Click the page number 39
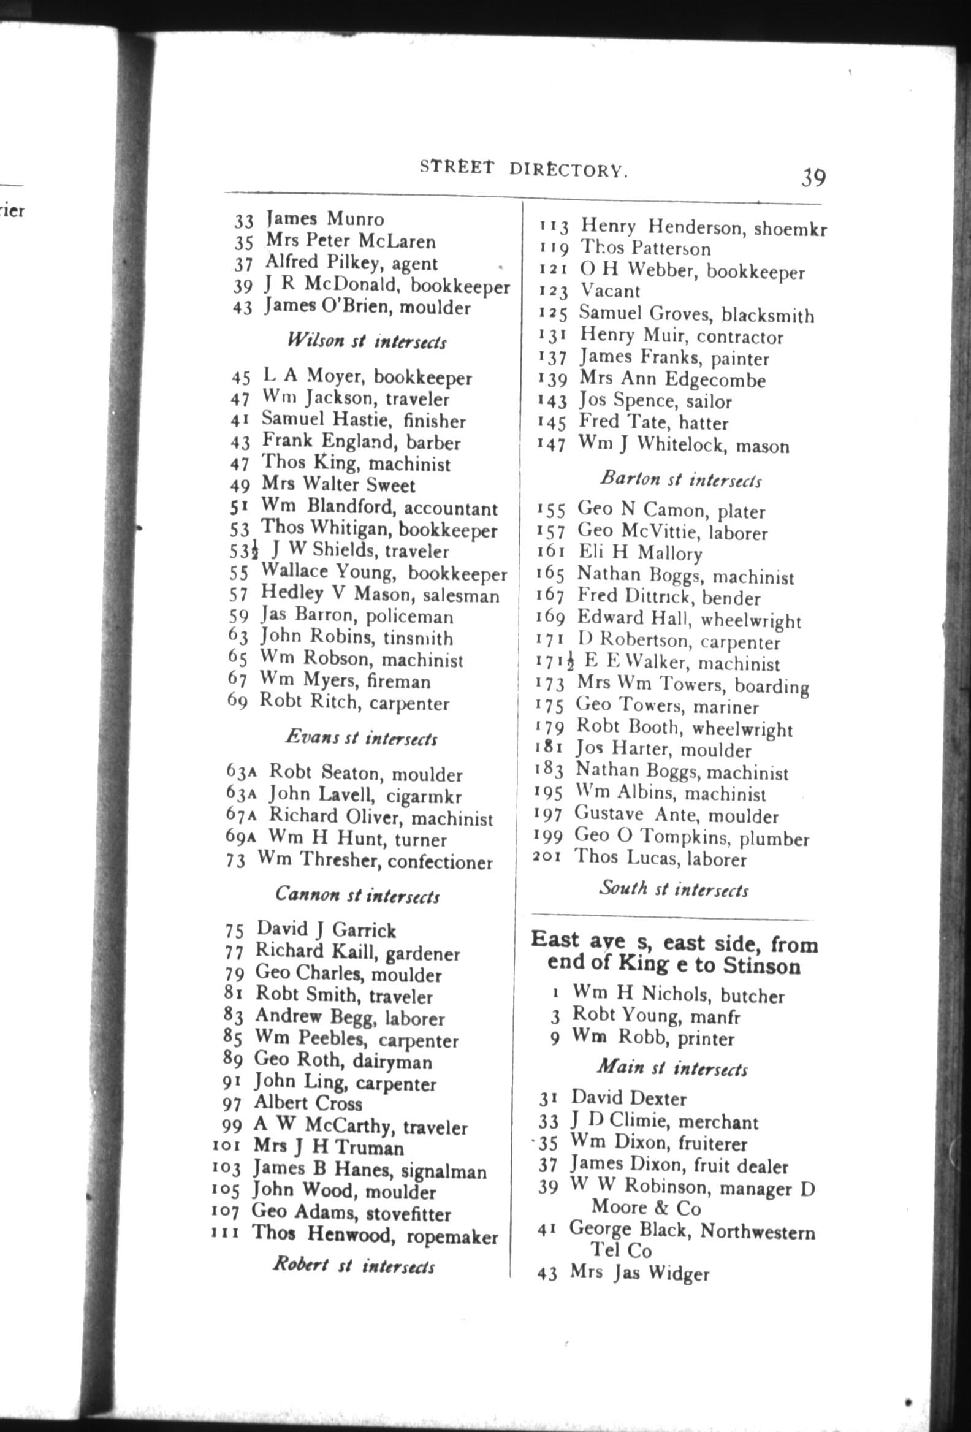click(813, 177)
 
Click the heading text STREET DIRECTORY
click(524, 169)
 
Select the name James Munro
click(325, 219)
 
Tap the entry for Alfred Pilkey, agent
click(351, 263)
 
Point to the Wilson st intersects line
click(367, 341)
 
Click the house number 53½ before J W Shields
click(245, 550)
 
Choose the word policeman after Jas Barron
click(409, 617)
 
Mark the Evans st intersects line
click(361, 737)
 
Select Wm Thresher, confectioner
click(375, 860)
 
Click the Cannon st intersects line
click(357, 894)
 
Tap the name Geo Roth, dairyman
click(343, 1061)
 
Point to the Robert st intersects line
click(354, 1266)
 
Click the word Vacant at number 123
click(610, 291)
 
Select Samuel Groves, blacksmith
click(696, 314)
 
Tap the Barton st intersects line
click(681, 479)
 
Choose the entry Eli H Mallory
click(639, 552)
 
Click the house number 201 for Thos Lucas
click(547, 856)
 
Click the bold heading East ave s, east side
click(674, 953)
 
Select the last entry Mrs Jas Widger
click(639, 1273)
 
